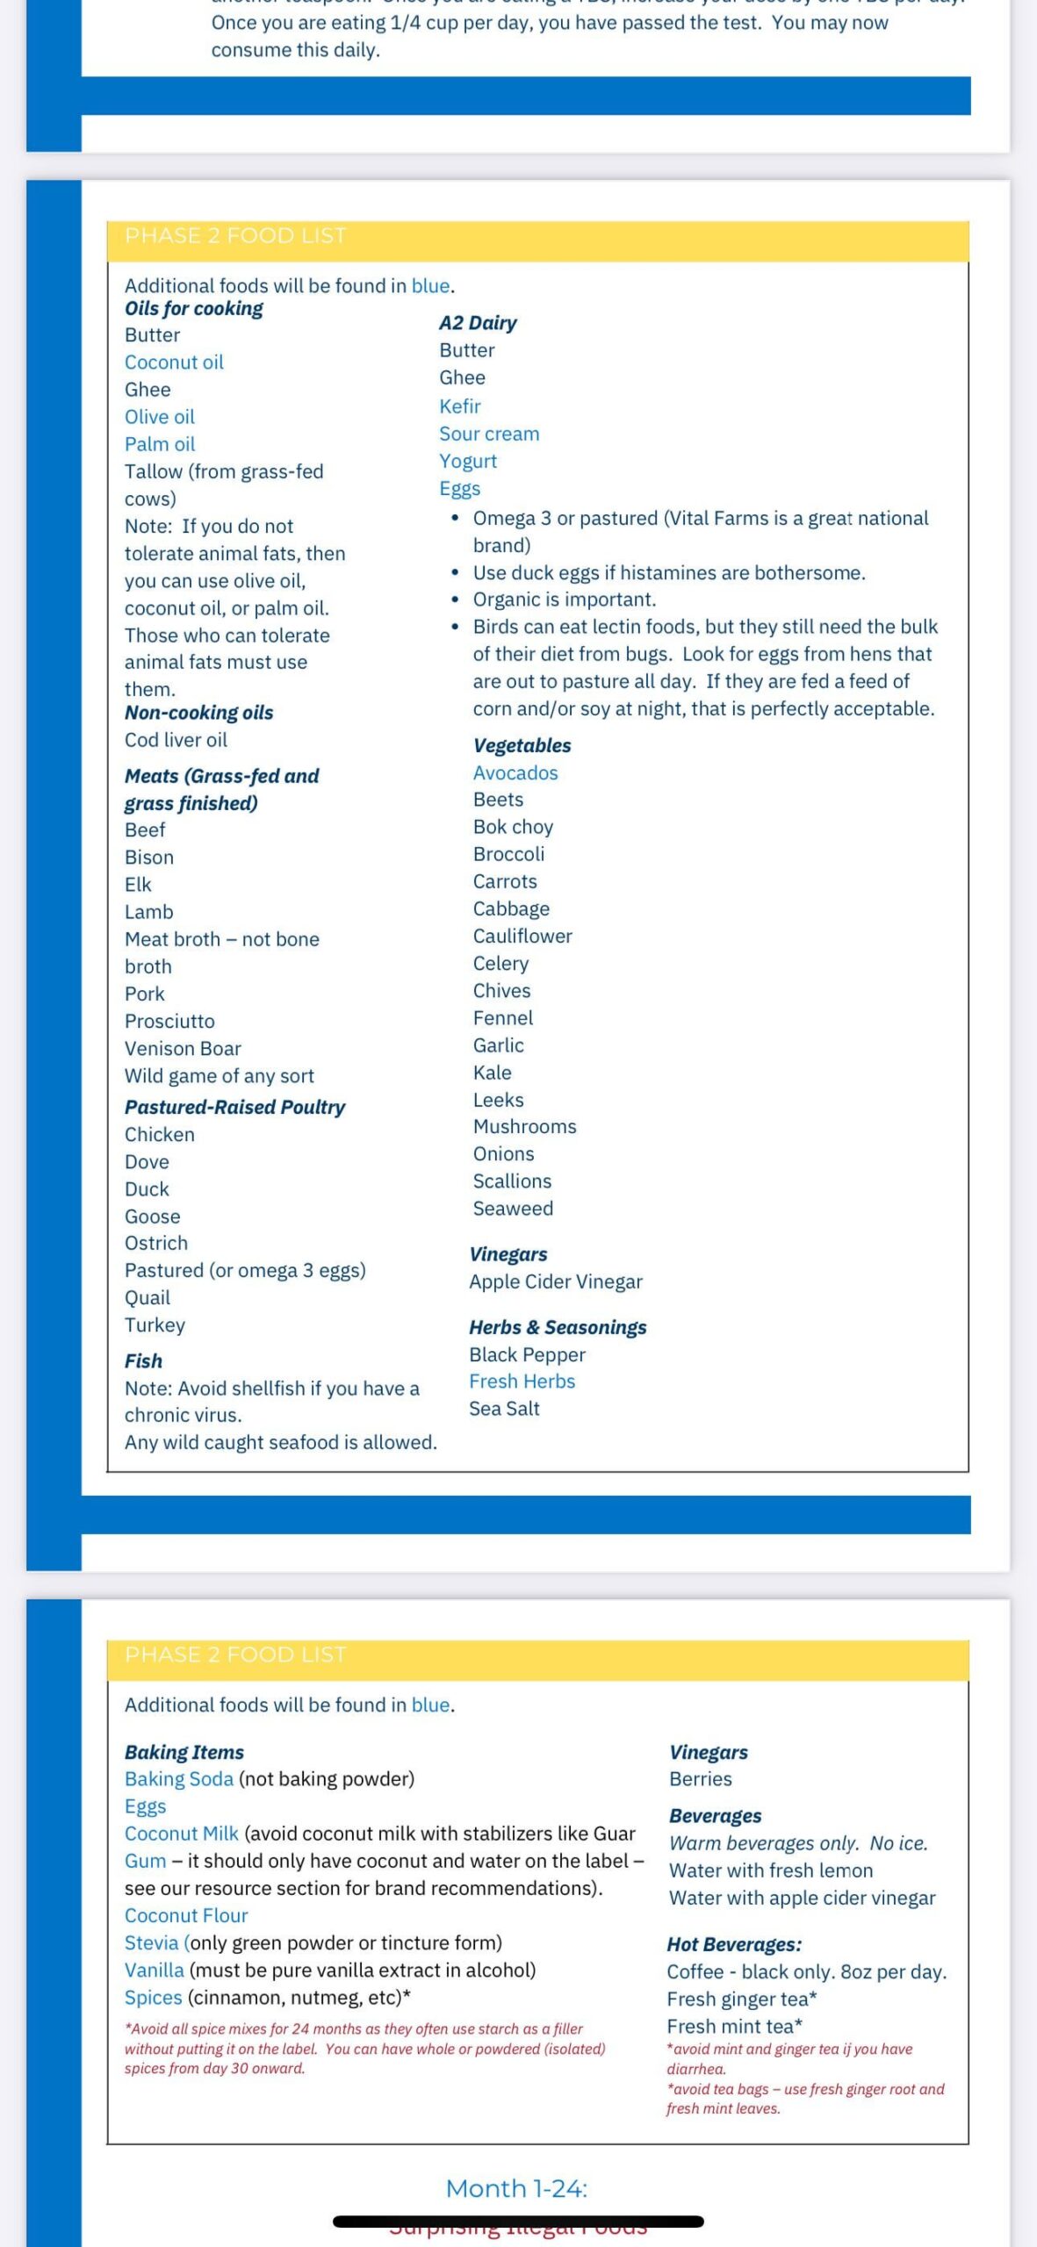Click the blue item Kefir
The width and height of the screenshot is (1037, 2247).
click(x=460, y=406)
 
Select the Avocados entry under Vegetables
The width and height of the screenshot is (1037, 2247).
click(x=515, y=772)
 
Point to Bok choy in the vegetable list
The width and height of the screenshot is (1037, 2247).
click(x=513, y=827)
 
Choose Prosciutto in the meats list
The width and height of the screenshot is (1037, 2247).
click(x=169, y=1021)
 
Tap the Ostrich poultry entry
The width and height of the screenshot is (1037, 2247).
click(x=156, y=1243)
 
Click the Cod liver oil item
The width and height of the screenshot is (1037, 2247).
click(x=176, y=740)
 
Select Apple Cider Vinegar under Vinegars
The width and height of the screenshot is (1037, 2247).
click(x=556, y=1281)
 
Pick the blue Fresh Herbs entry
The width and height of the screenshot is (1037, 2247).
click(x=522, y=1381)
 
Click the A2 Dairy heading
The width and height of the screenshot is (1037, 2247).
click(x=478, y=323)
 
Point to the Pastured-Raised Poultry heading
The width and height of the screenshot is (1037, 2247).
click(x=234, y=1107)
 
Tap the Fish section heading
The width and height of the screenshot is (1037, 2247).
click(x=143, y=1360)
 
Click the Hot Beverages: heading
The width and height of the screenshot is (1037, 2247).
click(x=734, y=1944)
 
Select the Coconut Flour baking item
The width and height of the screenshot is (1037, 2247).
click(x=186, y=1915)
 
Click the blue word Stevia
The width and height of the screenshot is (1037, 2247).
click(x=151, y=1942)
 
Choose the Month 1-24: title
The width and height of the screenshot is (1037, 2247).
click(x=516, y=2188)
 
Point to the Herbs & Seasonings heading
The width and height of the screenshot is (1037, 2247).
click(x=558, y=1327)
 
